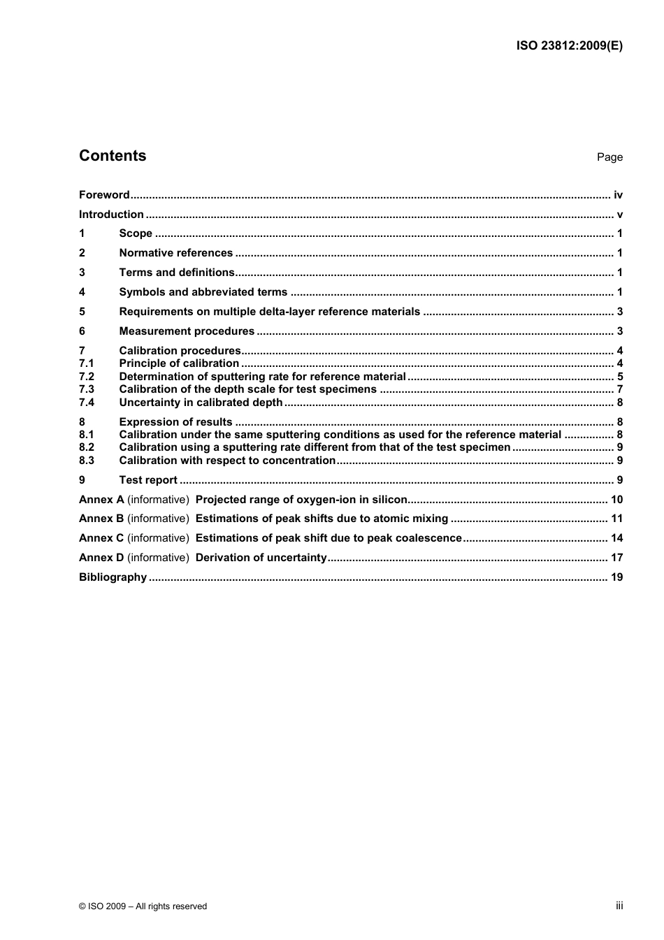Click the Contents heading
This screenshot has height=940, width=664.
[x=113, y=156]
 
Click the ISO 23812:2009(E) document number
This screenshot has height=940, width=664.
[x=569, y=46]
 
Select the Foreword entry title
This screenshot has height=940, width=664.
[x=104, y=195]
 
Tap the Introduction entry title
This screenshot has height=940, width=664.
[x=111, y=215]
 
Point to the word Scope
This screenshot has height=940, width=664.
[x=136, y=233]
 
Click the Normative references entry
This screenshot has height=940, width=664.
[x=176, y=253]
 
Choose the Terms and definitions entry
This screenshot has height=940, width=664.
[x=177, y=273]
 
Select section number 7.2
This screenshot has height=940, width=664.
[x=87, y=377]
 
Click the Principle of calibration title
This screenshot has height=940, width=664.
[x=179, y=363]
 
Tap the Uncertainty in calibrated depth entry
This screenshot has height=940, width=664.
[x=201, y=403]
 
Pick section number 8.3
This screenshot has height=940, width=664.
[x=87, y=461]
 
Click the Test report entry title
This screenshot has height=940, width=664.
[x=148, y=480]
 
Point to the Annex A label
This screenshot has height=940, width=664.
[x=101, y=500]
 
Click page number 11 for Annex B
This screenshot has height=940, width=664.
[x=616, y=519]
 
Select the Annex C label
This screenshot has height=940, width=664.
[x=101, y=538]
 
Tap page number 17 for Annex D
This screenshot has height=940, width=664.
[x=616, y=558]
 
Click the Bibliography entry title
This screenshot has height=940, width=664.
[x=113, y=577]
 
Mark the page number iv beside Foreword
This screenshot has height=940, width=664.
[x=618, y=195]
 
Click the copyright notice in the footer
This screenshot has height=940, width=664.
[x=143, y=906]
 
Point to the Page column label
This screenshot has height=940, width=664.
[x=609, y=157]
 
